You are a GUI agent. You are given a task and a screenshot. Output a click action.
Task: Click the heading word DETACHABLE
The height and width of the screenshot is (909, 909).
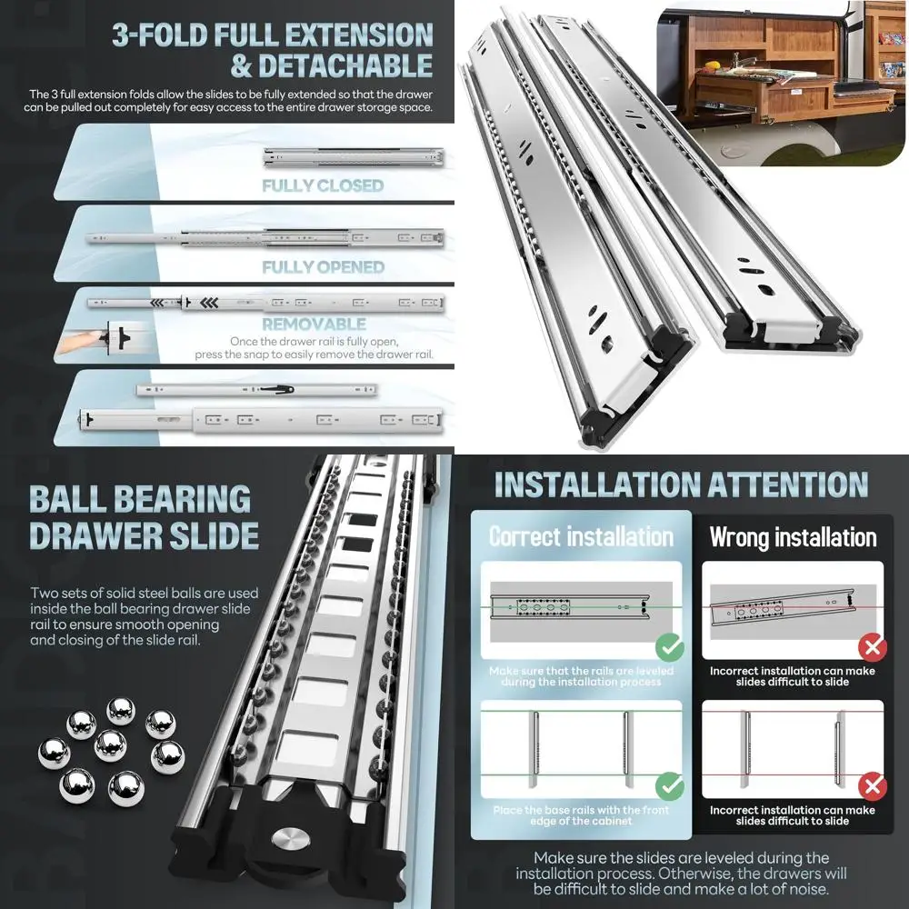pos(345,66)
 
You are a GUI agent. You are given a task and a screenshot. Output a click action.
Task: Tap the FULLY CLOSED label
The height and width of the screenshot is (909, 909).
pos(323,185)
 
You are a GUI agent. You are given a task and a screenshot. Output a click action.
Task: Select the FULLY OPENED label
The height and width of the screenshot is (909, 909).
pos(323,267)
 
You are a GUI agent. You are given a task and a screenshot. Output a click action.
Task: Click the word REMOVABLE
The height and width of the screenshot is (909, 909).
pos(314,324)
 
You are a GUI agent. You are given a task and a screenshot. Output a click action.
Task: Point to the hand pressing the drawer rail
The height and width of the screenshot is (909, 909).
pos(86,342)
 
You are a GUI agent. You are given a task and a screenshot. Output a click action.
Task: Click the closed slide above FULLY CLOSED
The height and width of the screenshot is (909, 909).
pos(355,157)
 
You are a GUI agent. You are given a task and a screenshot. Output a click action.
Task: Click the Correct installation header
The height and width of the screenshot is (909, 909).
pos(581,536)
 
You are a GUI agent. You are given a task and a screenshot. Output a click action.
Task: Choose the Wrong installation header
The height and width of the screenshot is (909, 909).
pos(793,536)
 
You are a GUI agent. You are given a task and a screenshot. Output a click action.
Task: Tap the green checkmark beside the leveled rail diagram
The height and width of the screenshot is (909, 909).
pos(671,647)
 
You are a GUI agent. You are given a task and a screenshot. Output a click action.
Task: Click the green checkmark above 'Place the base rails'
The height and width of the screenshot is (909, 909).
pos(671,785)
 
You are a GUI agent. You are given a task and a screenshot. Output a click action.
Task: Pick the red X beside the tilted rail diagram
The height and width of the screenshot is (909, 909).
pos(873,647)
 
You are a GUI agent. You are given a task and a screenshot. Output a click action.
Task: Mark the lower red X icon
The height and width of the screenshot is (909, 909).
pos(873,785)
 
